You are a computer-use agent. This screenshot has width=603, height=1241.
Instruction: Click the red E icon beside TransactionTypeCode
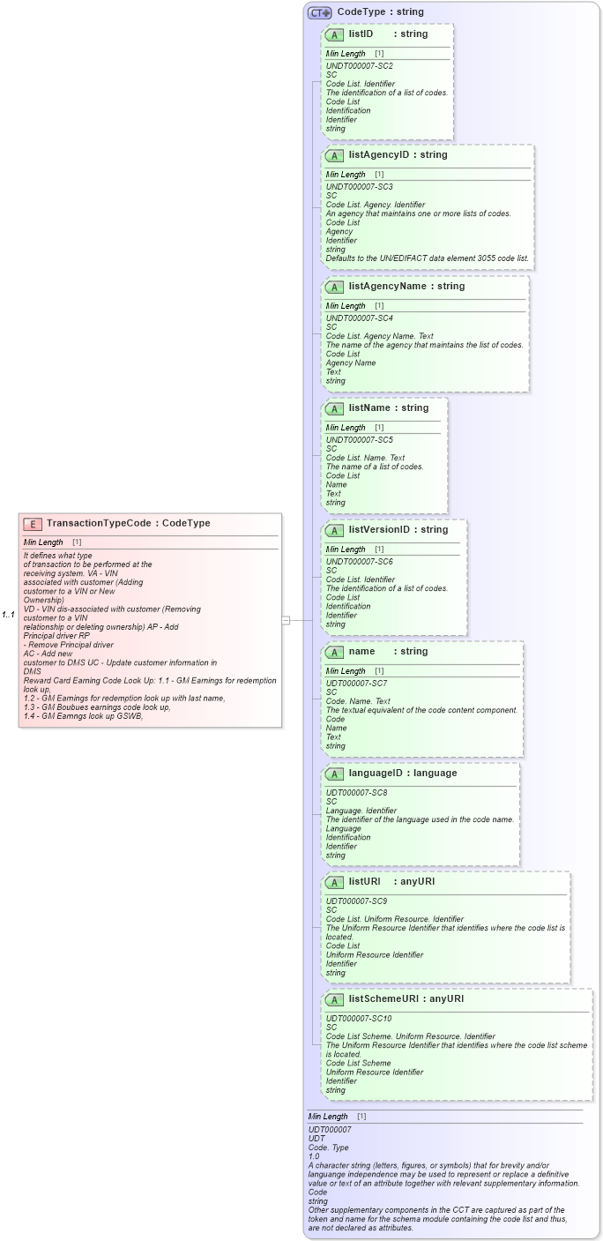coord(33,524)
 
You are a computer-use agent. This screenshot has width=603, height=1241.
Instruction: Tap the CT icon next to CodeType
coord(319,12)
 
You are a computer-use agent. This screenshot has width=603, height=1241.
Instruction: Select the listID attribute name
coord(361,34)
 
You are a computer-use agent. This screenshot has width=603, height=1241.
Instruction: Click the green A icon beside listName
coord(335,408)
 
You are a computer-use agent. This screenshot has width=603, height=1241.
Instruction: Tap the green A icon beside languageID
coord(335,774)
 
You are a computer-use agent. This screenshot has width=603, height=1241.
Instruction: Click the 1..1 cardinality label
coord(8,614)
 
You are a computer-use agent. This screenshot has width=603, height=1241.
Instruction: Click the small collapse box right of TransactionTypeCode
coord(286,620)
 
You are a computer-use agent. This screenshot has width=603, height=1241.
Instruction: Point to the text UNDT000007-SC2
coord(359,66)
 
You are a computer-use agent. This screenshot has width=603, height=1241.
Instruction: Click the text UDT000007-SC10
coord(359,1019)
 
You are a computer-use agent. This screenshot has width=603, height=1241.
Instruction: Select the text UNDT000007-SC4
coord(359,318)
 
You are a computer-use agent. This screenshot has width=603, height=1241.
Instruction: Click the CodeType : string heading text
coord(380,12)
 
